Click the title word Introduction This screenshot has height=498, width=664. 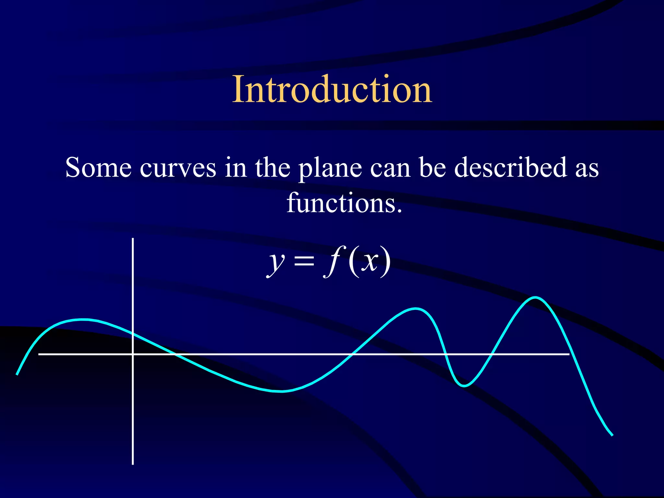pyautogui.click(x=332, y=89)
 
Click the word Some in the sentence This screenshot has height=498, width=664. pyautogui.click(x=98, y=168)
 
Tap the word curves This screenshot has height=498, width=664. pyautogui.click(x=178, y=168)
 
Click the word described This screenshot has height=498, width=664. pyautogui.click(x=510, y=168)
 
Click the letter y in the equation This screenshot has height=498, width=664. pyautogui.click(x=276, y=262)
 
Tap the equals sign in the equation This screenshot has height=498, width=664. pyautogui.click(x=304, y=261)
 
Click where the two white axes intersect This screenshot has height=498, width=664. pyautogui.click(x=133, y=354)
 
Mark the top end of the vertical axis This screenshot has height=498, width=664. pyautogui.click(x=133, y=239)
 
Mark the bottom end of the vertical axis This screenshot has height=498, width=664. pyautogui.click(x=133, y=464)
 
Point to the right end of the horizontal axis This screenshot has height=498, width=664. pyautogui.click(x=569, y=354)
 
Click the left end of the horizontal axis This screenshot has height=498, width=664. pyautogui.click(x=39, y=354)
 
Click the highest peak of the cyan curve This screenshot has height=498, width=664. pyautogui.click(x=535, y=298)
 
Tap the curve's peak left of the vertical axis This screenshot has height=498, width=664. pyautogui.click(x=84, y=320)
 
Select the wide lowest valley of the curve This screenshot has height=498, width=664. pyautogui.click(x=281, y=391)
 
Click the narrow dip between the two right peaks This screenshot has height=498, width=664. pyautogui.click(x=464, y=385)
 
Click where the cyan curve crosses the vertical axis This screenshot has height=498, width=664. pyautogui.click(x=133, y=334)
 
